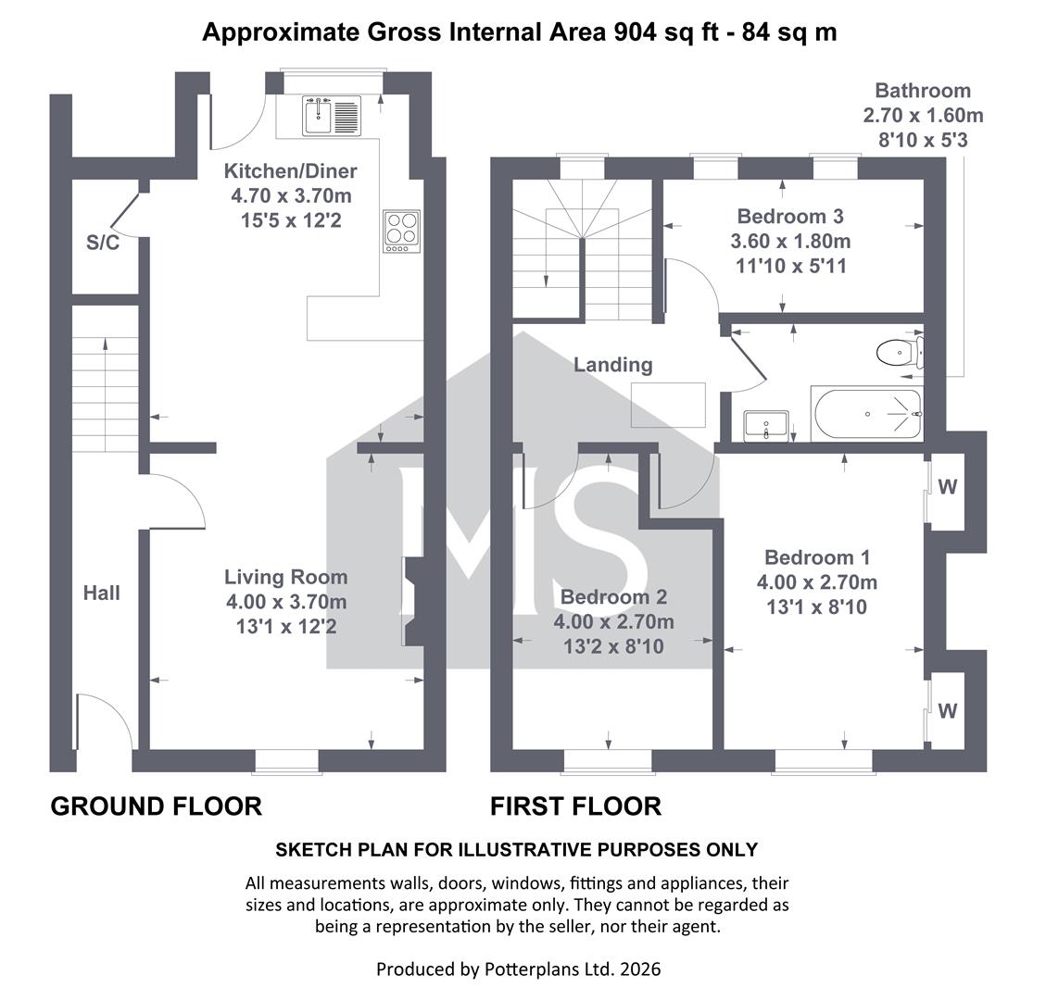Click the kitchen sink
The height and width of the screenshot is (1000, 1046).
pos(332,116)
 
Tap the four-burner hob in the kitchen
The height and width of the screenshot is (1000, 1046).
pos(401,231)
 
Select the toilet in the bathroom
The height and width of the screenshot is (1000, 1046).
pos(900,352)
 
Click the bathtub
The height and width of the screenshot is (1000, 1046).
pos(866,413)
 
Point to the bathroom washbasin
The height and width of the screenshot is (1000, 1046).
pos(766,425)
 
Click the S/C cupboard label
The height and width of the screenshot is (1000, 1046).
pos(103,243)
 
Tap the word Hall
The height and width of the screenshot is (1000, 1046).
pos(101,593)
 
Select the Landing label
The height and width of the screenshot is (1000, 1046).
pos(613,365)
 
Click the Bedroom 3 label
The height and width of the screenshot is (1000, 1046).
pos(790,216)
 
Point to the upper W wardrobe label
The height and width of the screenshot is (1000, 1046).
pos(947,487)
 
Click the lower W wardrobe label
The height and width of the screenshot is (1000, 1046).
pos(947,711)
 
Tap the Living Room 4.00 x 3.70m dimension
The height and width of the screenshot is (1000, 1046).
pos(286,602)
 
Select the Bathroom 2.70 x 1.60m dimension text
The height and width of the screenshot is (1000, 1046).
pos(924,116)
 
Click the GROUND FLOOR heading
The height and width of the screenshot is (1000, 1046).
pos(156,806)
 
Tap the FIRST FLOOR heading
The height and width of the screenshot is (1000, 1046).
pos(575,806)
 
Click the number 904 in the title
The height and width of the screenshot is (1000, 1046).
pos(636,32)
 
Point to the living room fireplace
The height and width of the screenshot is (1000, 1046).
pos(412,602)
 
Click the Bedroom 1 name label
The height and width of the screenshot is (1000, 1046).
pos(817,557)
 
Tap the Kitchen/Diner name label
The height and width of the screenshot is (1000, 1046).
pos(290,171)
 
